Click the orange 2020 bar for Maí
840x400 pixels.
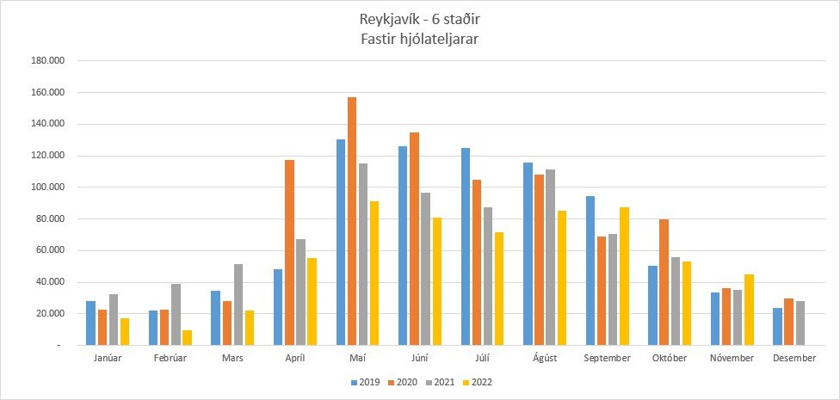point(352,221)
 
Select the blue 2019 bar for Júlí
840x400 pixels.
point(466,246)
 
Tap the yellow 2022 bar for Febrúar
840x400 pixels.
point(187,338)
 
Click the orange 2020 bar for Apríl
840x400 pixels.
point(290,253)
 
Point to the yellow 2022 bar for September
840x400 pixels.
point(624,276)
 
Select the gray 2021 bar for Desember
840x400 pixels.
point(800,323)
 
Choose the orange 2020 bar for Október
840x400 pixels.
point(664,282)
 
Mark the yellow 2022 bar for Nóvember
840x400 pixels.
point(750,310)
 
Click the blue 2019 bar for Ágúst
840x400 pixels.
point(528,254)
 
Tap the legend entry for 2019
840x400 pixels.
point(366,382)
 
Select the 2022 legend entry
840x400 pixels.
point(478,382)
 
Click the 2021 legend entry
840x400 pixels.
point(441,382)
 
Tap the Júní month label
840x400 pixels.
point(420,358)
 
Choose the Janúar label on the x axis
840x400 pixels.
point(108,358)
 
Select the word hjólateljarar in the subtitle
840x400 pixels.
point(442,40)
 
